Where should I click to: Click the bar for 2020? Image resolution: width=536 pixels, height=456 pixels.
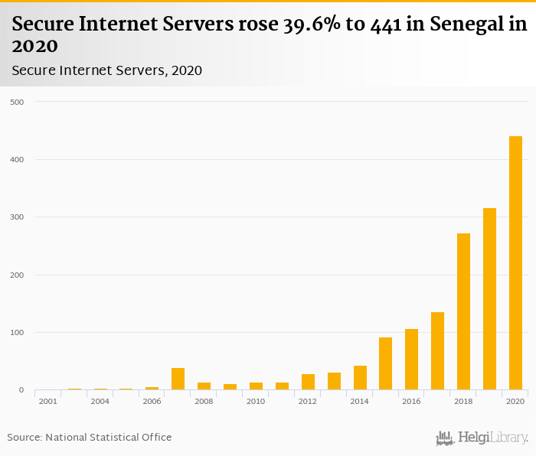coord(515,263)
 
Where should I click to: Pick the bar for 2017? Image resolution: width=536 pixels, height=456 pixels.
coord(437,351)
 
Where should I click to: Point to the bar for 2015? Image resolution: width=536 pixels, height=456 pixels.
coord(385,363)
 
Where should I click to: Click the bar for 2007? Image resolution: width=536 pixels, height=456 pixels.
coord(178,379)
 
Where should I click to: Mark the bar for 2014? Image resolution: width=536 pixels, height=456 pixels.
coord(360,378)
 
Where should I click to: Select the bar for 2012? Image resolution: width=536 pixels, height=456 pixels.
coord(308,382)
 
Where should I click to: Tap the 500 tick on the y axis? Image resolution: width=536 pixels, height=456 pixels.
coord(16,102)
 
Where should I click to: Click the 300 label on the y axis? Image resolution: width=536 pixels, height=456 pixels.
coord(16,217)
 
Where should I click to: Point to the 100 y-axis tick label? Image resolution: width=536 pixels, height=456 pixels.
coord(16,333)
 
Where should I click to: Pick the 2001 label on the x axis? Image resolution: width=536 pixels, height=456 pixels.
coord(47,401)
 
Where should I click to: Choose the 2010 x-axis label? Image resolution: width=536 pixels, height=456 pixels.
coord(256,401)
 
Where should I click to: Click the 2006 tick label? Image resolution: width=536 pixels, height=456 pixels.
coord(152,401)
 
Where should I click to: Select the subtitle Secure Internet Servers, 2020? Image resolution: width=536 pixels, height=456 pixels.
coord(106,70)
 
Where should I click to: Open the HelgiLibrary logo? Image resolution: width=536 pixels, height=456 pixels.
coord(482,438)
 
